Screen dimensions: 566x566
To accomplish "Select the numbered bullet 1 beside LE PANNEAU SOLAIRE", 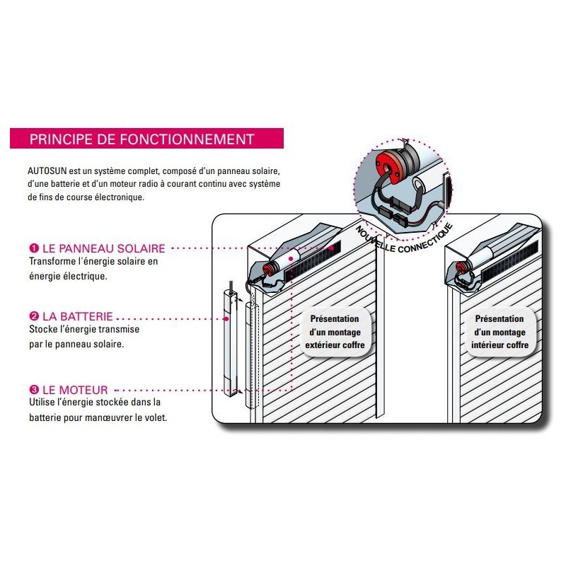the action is (x=34, y=248).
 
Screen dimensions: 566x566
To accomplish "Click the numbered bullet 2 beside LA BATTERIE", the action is (x=34, y=316).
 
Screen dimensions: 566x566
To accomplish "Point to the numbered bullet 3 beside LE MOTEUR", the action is (x=34, y=390).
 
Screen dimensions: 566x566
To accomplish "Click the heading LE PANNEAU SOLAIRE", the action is (x=104, y=248).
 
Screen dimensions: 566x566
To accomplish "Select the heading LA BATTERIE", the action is (x=78, y=316).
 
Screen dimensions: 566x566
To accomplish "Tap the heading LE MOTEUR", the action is (x=75, y=390).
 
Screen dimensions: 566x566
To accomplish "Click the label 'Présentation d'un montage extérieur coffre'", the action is (x=335, y=332).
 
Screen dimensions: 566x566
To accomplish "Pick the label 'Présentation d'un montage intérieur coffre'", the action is (x=500, y=332).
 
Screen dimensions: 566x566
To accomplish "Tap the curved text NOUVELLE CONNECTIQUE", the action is (x=404, y=238).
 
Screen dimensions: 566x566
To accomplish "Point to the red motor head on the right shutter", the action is (x=461, y=267).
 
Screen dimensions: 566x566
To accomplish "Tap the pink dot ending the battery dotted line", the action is (x=226, y=319).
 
